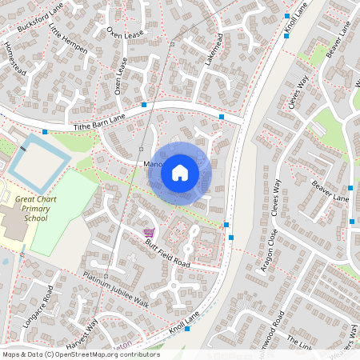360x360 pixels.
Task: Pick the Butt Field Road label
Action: [167, 254]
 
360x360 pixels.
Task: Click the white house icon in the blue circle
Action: [180, 172]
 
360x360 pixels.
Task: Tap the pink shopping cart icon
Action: [148, 233]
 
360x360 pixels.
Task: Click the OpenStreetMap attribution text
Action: [80, 354]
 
